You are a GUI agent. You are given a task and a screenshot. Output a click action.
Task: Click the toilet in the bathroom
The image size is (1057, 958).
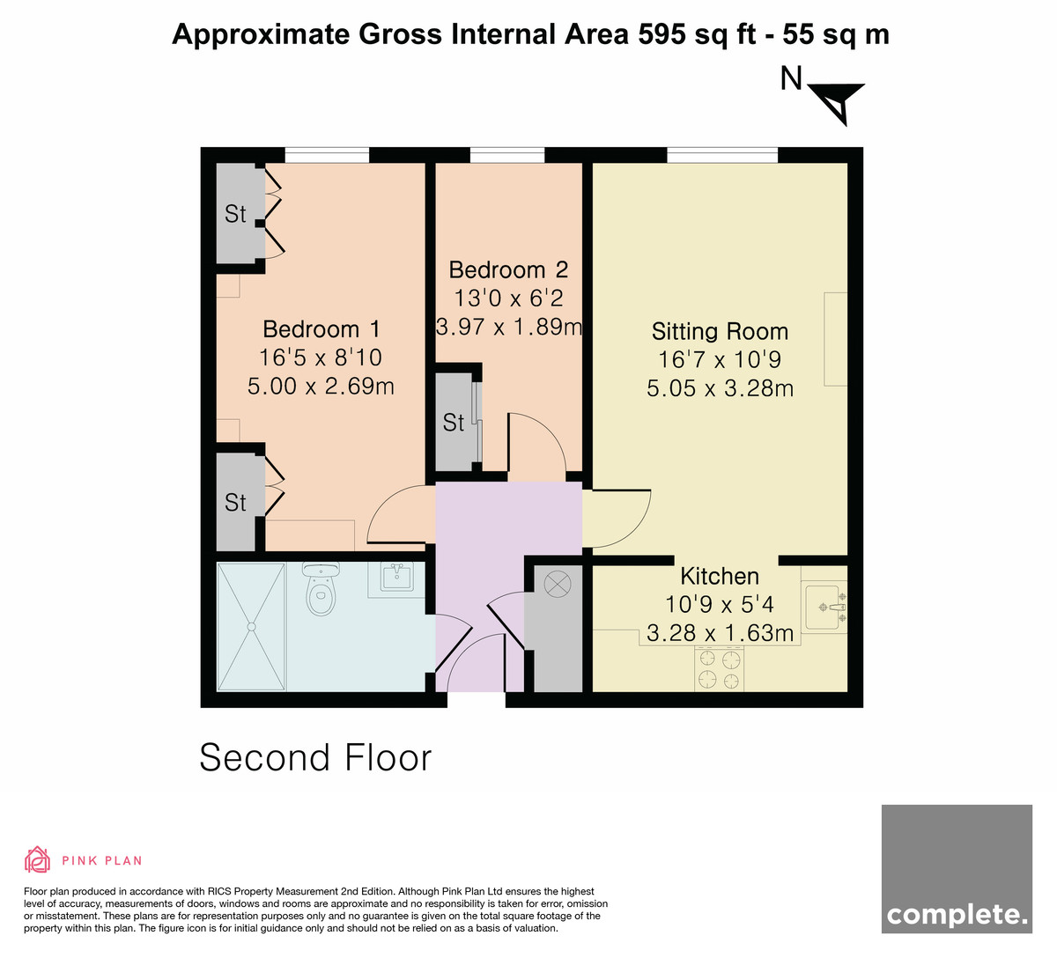(x=321, y=588)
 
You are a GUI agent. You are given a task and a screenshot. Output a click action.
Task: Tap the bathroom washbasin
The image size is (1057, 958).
(x=396, y=577)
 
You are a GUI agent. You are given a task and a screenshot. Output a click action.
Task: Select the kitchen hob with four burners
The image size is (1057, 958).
(x=720, y=669)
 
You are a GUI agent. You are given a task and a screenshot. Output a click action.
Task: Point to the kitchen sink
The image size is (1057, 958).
(x=824, y=607)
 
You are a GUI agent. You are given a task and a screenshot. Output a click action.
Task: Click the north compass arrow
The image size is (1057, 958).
(x=836, y=103)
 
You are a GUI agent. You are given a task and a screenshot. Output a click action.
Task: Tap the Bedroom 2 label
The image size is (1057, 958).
(x=508, y=269)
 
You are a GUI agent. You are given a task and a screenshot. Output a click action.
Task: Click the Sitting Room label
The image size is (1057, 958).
(x=720, y=331)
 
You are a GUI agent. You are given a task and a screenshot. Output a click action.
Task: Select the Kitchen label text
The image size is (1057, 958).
(x=720, y=576)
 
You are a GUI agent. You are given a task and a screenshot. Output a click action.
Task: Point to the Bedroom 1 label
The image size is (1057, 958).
(x=321, y=329)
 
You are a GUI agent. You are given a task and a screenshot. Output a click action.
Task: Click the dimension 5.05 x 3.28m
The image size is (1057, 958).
(x=720, y=388)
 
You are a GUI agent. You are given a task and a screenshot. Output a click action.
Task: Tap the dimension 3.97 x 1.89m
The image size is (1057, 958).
(x=509, y=327)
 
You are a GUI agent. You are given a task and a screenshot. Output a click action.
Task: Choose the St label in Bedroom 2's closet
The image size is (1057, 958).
(x=453, y=423)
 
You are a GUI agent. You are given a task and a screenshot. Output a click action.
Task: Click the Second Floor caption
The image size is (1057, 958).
(x=315, y=757)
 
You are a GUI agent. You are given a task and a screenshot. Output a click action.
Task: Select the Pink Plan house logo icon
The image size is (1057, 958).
(x=37, y=859)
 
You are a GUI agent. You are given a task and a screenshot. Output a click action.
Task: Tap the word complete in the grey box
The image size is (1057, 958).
(x=957, y=916)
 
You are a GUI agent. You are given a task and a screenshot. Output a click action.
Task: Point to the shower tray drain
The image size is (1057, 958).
(x=251, y=627)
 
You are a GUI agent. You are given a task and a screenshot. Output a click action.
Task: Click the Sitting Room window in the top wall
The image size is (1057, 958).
(x=722, y=155)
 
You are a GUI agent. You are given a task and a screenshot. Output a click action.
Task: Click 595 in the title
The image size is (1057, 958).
(x=662, y=34)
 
